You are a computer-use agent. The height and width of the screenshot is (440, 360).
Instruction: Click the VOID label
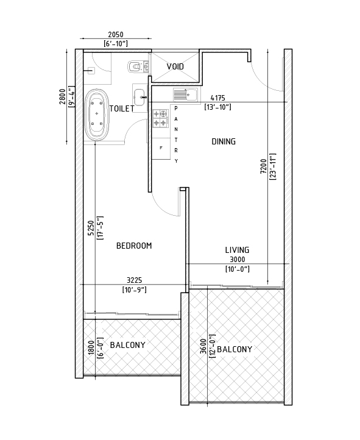click(x=175, y=66)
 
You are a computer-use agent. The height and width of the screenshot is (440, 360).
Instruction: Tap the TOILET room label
click(x=122, y=108)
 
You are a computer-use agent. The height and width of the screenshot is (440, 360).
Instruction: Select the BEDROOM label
click(x=134, y=246)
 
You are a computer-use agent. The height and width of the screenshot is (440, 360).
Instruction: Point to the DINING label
click(x=224, y=141)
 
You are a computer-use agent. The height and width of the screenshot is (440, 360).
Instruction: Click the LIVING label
click(x=237, y=250)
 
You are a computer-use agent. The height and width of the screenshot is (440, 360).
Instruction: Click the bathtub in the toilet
click(x=97, y=115)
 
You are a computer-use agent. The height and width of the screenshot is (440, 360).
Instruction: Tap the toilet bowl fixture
click(x=138, y=67)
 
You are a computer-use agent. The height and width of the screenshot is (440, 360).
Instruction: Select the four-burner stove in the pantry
click(x=160, y=118)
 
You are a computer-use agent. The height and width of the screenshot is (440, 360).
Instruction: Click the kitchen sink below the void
click(x=185, y=94)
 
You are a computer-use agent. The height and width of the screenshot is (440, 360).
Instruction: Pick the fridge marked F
click(x=161, y=149)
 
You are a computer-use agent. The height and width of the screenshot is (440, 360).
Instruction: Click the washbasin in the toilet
click(x=139, y=97)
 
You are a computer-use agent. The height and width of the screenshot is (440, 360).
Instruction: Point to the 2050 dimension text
click(x=116, y=35)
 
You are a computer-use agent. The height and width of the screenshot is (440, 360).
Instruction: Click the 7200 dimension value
click(x=263, y=166)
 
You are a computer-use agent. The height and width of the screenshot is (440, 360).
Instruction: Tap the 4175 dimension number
click(x=218, y=98)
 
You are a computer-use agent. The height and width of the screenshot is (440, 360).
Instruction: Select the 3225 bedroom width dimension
click(x=134, y=280)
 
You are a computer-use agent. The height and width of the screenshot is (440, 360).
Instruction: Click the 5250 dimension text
click(x=91, y=228)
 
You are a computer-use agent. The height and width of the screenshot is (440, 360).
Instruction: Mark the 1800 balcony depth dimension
click(x=91, y=348)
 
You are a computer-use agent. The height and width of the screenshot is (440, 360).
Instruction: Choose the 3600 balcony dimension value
click(x=203, y=346)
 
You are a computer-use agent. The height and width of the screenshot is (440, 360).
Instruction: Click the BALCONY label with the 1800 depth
click(x=127, y=345)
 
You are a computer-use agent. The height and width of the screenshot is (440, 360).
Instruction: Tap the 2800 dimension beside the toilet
click(x=62, y=96)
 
